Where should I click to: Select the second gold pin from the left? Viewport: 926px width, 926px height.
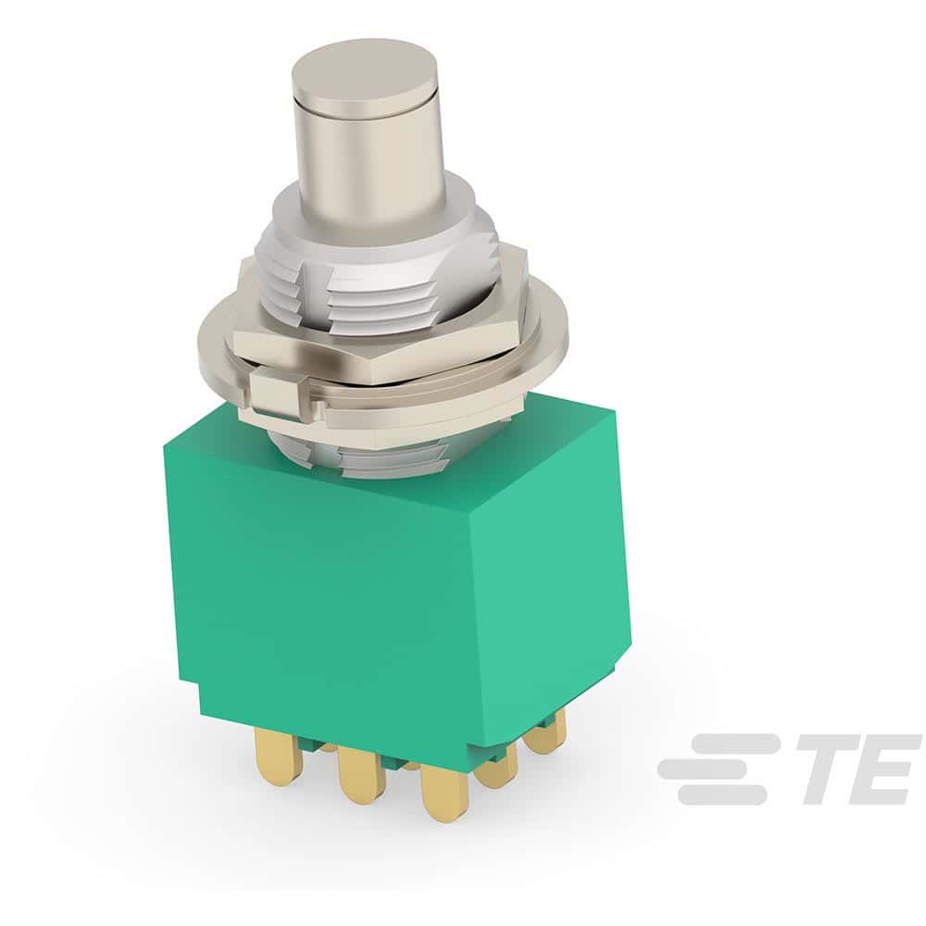click(x=361, y=773)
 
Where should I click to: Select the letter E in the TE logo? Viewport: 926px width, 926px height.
click(x=884, y=769)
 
